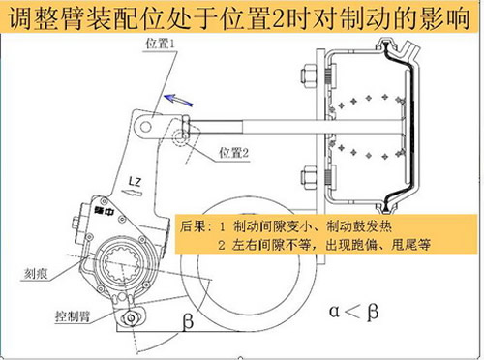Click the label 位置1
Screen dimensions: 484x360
coord(160,44)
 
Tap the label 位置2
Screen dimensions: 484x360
coord(234,152)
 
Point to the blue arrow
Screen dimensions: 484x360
coord(178,100)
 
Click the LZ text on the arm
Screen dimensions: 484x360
coord(135,182)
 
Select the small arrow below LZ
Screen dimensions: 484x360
coord(132,193)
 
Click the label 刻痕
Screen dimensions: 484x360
coord(36,274)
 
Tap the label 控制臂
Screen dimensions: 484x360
coord(73,316)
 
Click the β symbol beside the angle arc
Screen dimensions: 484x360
coord(188,321)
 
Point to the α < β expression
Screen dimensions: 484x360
coord(353,312)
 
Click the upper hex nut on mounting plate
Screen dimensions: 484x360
coord(309,77)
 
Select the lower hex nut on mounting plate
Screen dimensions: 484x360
coord(309,176)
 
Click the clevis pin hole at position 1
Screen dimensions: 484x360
coord(145,126)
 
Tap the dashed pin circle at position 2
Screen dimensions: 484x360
coord(179,138)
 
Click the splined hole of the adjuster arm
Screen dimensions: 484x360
coord(123,265)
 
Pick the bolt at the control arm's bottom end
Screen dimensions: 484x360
coord(131,318)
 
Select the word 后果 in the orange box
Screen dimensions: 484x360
coord(193,226)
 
